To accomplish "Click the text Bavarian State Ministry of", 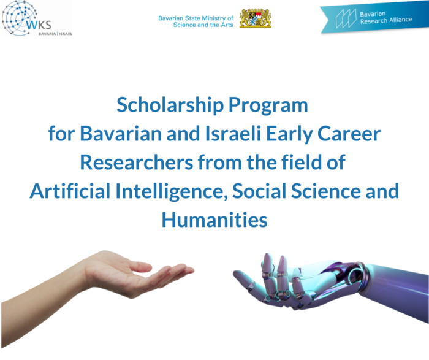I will (x=196, y=18).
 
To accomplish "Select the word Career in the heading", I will (x=347, y=134).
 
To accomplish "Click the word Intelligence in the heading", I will (x=172, y=191).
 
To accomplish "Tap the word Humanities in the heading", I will (x=214, y=219).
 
